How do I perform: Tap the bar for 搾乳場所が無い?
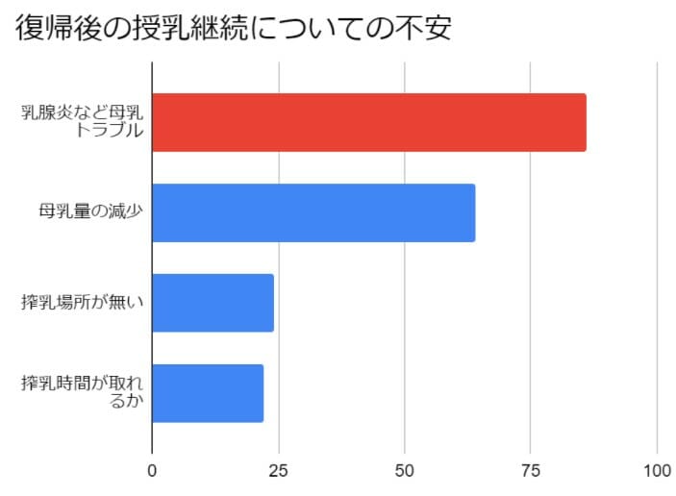pos(213,303)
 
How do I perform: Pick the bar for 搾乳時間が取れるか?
pos(208,393)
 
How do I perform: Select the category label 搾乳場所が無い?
pos(83,303)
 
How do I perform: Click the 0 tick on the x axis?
pos(152,472)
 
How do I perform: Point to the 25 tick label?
pos(279,472)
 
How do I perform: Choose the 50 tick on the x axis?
pos(405,472)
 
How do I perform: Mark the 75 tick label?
pos(531,472)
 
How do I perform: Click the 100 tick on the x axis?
pos(657,472)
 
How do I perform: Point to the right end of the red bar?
pos(584,122)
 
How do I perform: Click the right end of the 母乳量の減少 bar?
pos(472,212)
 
